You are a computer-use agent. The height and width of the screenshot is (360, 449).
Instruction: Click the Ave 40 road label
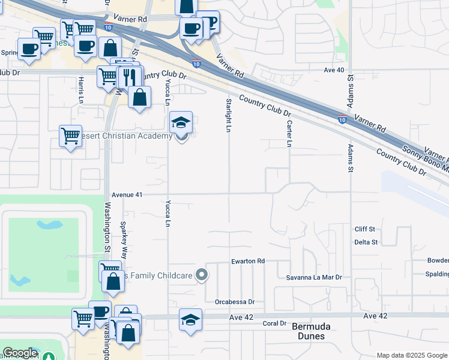coord(334,70)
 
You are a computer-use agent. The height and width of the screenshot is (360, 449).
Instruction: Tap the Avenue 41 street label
coord(127,195)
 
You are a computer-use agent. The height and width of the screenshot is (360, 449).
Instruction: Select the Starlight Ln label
coord(229,113)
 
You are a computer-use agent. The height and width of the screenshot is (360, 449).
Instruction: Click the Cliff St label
coord(364,229)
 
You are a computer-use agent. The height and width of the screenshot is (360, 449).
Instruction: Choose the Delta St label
coord(366,242)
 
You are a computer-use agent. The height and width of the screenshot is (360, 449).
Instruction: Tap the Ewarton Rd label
coord(248,262)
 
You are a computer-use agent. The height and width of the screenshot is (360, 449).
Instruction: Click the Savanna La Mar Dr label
coord(316,277)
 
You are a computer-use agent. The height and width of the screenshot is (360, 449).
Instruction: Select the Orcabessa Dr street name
coord(235,302)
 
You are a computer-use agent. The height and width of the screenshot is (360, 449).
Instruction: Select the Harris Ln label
coord(79,89)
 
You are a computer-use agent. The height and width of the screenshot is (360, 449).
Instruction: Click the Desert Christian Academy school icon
coord(181,122)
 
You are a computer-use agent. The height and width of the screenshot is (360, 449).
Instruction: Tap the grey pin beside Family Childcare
coord(202,275)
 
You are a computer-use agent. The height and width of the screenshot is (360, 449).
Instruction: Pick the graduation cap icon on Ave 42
coord(191,319)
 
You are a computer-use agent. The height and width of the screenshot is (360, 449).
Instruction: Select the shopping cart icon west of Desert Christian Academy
coord(70,136)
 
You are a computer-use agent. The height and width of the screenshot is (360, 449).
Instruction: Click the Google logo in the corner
coord(20,353)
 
